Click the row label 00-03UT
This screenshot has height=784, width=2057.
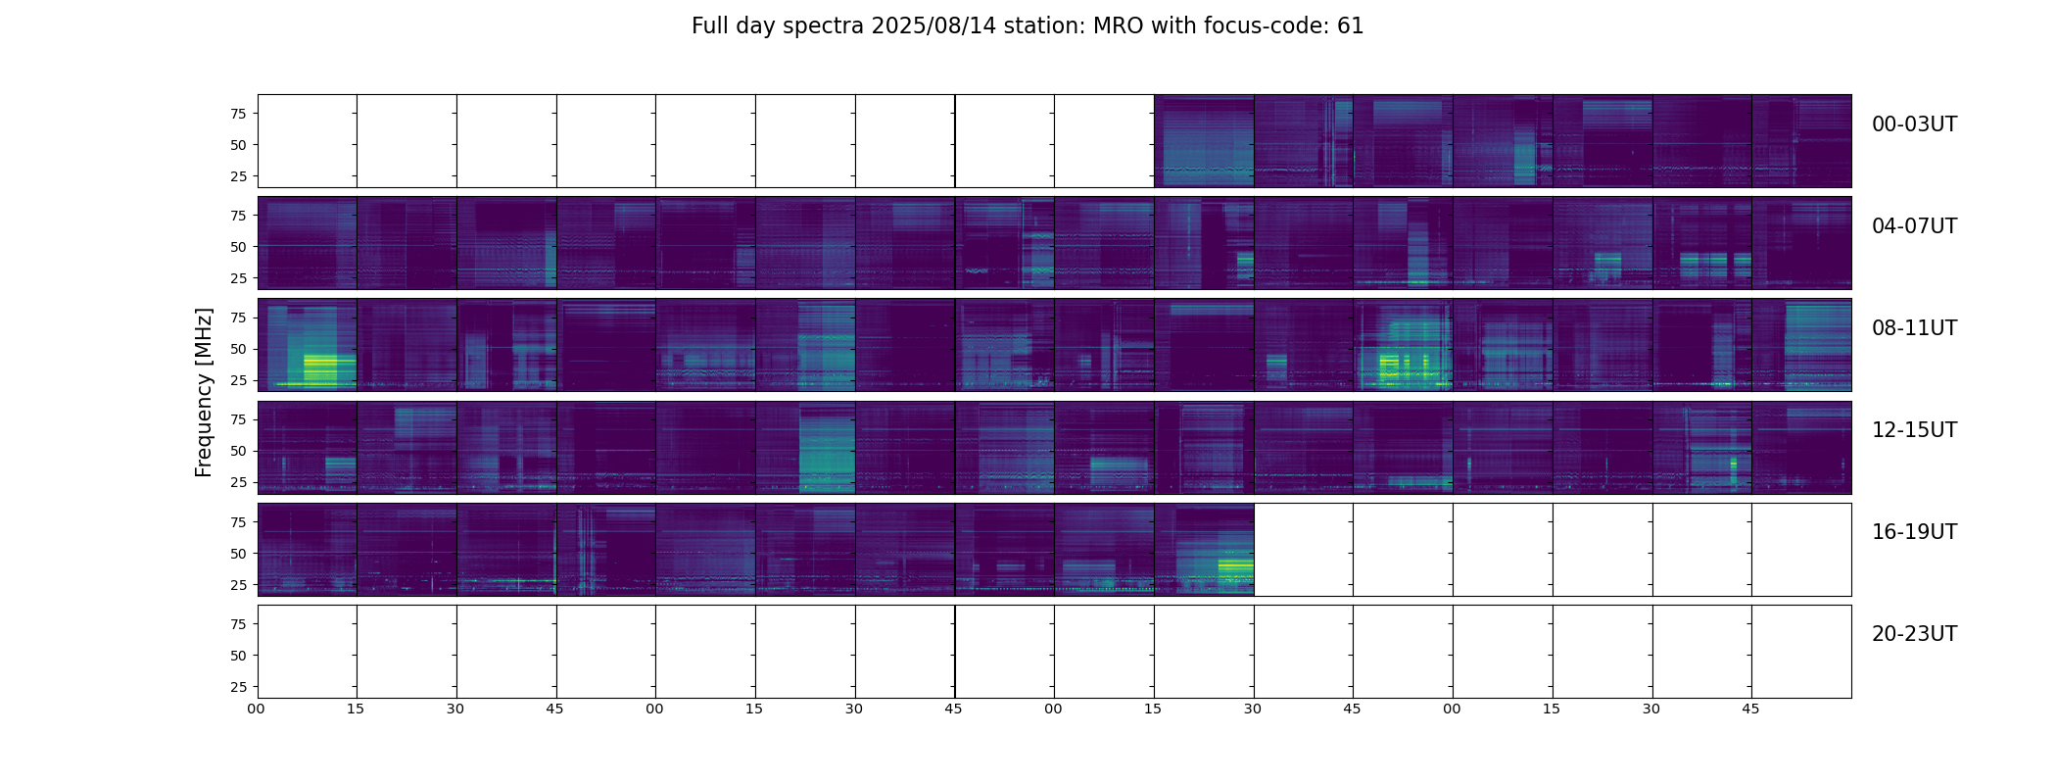pyautogui.click(x=1914, y=124)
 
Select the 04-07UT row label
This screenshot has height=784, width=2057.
pyautogui.click(x=1914, y=226)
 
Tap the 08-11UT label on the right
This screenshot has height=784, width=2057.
pyautogui.click(x=1914, y=328)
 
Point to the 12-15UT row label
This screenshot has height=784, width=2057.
pyautogui.click(x=1914, y=430)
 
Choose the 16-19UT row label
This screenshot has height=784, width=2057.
pyautogui.click(x=1914, y=532)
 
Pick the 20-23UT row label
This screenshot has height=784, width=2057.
pyautogui.click(x=1914, y=634)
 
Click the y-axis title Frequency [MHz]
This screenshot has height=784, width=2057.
pyautogui.click(x=204, y=392)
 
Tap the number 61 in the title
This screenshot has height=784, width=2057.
pyautogui.click(x=1350, y=26)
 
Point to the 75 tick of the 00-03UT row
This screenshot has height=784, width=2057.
pyautogui.click(x=238, y=114)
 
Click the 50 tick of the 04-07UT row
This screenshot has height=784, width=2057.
pyautogui.click(x=238, y=247)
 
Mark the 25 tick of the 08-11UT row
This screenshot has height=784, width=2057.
pyautogui.click(x=238, y=380)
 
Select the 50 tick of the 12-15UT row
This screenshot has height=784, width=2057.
pyautogui.click(x=238, y=451)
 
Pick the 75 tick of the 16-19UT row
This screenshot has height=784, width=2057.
pyautogui.click(x=238, y=522)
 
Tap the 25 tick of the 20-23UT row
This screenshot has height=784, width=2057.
pyautogui.click(x=238, y=687)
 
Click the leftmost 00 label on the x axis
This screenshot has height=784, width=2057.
pyautogui.click(x=257, y=709)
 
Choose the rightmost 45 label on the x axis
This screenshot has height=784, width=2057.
pyautogui.click(x=1750, y=709)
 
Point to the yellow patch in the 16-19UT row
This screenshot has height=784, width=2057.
pyautogui.click(x=1235, y=566)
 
